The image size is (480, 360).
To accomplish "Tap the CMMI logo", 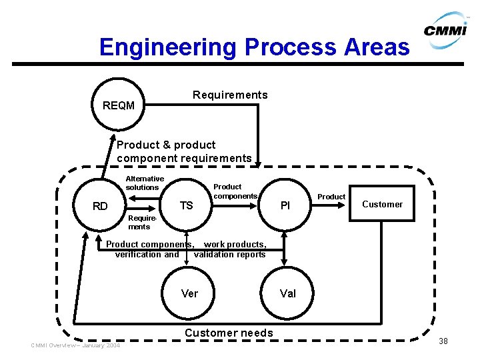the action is (x=446, y=30).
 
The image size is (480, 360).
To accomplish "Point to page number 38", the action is (x=443, y=341).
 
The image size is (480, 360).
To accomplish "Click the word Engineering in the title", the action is (x=168, y=47).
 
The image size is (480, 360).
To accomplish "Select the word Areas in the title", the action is (x=377, y=47).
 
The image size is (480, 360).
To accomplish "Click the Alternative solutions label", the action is (x=145, y=183).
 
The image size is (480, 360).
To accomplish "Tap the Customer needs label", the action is (x=229, y=333).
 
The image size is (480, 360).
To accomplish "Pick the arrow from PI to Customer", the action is (x=328, y=205).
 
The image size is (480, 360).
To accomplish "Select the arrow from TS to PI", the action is (x=235, y=206).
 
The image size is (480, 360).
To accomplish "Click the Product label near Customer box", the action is (x=331, y=197).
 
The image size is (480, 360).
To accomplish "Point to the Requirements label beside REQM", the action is (x=230, y=95).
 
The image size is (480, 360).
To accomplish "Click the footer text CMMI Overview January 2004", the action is (x=75, y=345).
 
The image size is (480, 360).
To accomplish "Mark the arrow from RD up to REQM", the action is (x=108, y=156).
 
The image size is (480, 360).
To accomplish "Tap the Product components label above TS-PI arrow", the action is (x=235, y=191).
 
